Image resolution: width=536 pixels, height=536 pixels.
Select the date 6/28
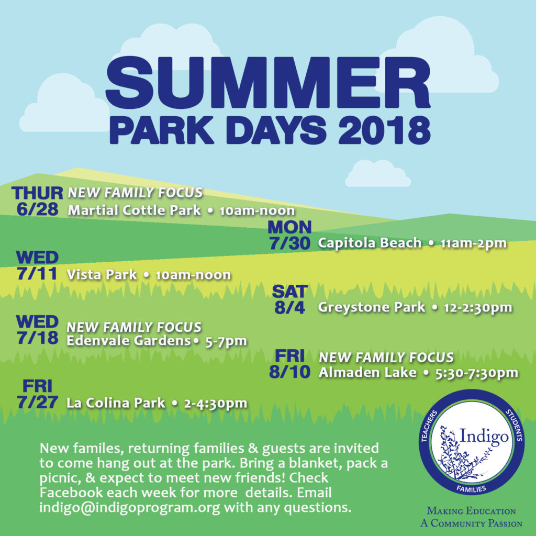[x=37, y=209]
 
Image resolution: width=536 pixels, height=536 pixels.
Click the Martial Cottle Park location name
[x=135, y=210]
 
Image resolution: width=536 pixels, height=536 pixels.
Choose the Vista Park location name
[x=102, y=274]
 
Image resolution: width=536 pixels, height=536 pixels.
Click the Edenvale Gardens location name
[x=129, y=340]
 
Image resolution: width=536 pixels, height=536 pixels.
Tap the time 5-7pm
[x=226, y=341]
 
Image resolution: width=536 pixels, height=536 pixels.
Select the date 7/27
[x=37, y=402]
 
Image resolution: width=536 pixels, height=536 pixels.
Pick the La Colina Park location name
[x=116, y=403]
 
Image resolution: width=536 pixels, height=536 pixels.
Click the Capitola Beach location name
[x=370, y=243]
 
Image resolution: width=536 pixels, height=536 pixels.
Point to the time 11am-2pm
[x=473, y=243]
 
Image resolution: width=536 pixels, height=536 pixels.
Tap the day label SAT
[x=289, y=291]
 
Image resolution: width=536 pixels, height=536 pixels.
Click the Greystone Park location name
[x=372, y=307]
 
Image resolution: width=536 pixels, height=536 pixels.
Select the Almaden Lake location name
[x=367, y=372]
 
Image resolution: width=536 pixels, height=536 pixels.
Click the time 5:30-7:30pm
[x=476, y=373]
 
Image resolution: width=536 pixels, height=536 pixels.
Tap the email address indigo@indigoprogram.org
[x=130, y=507]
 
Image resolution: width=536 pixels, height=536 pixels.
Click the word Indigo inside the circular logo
[x=484, y=437]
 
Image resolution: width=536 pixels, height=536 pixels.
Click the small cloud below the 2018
[x=378, y=174]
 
